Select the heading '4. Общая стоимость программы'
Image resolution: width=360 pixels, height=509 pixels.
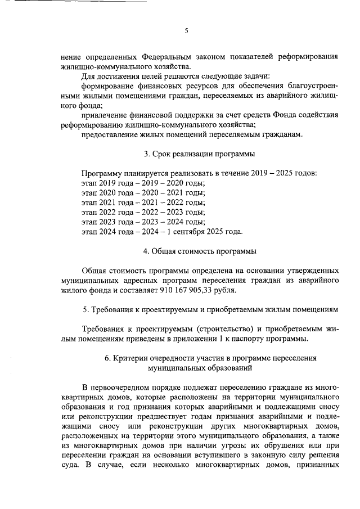coord(200,251)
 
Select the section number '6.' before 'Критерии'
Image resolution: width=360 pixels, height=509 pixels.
coord(109,358)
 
